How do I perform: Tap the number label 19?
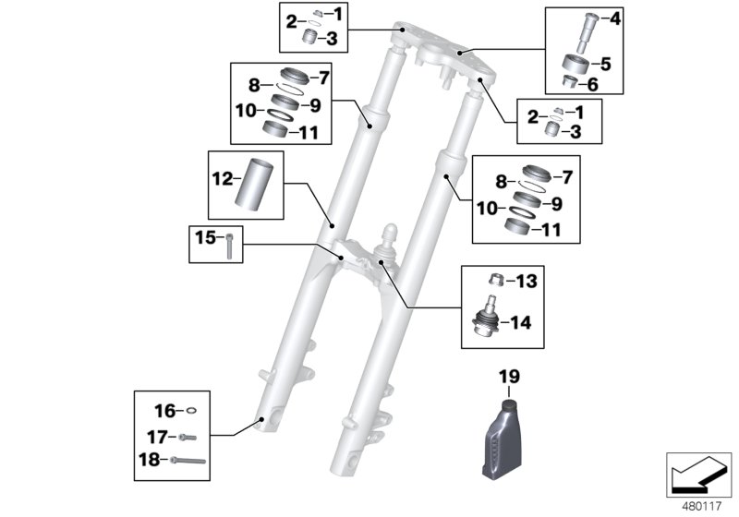click(510, 377)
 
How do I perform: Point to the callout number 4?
click(616, 18)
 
